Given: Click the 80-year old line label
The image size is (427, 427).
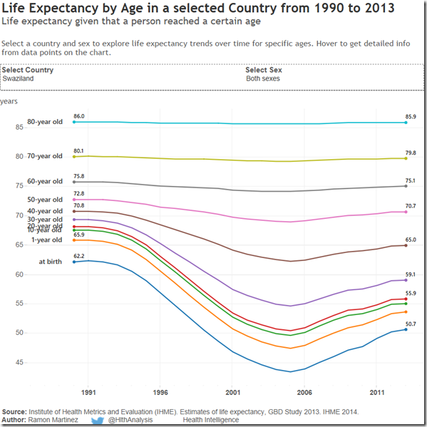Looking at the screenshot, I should [x=45, y=123].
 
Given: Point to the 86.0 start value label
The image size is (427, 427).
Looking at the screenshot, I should [x=78, y=115].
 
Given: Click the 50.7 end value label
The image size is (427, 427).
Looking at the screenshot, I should [x=411, y=324].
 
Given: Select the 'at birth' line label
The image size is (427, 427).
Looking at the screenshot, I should [x=51, y=262].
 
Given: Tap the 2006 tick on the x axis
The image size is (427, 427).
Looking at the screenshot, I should [x=304, y=392].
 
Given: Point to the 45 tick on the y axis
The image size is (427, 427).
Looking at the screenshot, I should [x=18, y=362].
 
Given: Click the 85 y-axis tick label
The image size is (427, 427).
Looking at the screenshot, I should [x=18, y=127].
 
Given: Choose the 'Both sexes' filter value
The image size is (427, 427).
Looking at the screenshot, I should [x=262, y=78].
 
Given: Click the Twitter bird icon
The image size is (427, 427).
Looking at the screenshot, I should [x=98, y=421].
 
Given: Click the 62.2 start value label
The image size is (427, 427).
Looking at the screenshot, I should [x=78, y=255].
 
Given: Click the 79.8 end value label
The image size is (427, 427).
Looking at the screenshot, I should [x=411, y=153].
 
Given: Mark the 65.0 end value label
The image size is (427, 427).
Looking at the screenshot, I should [x=411, y=240].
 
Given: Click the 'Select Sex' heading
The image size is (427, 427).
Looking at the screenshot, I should [x=263, y=70].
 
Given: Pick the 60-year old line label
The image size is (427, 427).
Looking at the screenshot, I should [x=45, y=182].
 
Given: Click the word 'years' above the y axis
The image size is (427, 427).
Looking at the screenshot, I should [x=9, y=101].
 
